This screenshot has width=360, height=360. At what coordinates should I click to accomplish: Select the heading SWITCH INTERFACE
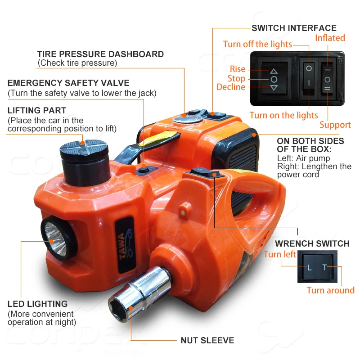(x=294, y=28)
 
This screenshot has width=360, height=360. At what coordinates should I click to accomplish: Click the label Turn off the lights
(x=257, y=44)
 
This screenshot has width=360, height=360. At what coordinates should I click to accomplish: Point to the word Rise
(x=238, y=69)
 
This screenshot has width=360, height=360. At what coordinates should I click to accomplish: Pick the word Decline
(x=231, y=87)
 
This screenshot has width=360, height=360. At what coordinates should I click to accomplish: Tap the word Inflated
(x=330, y=38)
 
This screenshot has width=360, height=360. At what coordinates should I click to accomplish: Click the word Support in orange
(x=335, y=125)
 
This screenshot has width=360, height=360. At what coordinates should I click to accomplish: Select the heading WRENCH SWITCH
(x=312, y=243)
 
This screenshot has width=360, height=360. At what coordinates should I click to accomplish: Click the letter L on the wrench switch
(x=309, y=268)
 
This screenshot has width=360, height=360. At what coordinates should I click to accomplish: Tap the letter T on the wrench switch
(x=324, y=268)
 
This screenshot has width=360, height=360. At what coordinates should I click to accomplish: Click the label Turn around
(x=330, y=290)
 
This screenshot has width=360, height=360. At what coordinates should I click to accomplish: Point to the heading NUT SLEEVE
(x=207, y=340)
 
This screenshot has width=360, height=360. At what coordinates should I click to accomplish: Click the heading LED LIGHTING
(x=37, y=304)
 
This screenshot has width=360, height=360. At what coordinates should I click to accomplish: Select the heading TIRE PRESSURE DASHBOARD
(x=100, y=54)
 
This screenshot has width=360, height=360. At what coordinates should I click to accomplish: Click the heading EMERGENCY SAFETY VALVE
(x=68, y=83)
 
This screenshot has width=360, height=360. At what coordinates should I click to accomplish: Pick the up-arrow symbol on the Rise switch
(x=274, y=71)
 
